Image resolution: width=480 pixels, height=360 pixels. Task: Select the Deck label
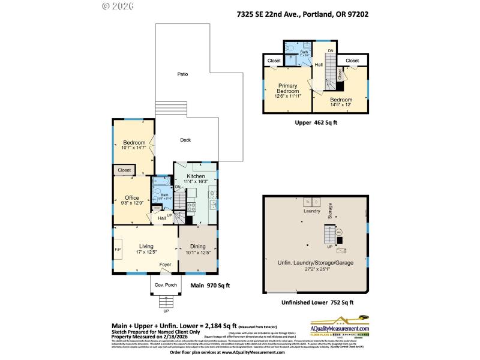(185, 140)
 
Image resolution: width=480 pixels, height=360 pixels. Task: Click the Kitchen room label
(196, 176)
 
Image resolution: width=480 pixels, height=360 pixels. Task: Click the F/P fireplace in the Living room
(118, 249)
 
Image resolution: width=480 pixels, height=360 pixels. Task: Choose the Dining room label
(198, 246)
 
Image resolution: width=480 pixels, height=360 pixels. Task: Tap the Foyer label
(165, 264)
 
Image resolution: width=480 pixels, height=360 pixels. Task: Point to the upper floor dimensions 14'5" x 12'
(340, 104)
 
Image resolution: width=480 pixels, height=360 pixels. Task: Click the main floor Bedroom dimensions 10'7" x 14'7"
(134, 148)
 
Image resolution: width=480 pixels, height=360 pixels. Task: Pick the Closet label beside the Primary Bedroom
(274, 61)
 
